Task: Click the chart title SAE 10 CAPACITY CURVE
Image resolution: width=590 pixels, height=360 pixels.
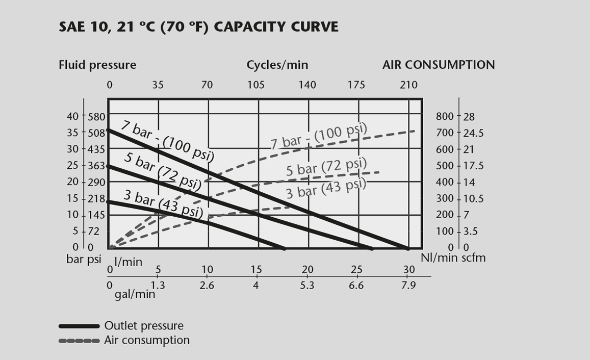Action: [198, 27]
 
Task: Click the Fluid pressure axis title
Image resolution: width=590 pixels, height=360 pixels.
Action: [97, 65]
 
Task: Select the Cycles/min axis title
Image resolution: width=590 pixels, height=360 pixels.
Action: [277, 65]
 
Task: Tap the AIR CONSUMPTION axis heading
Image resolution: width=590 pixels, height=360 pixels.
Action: [439, 65]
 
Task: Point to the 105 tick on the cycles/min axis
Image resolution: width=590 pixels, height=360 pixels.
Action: [256, 85]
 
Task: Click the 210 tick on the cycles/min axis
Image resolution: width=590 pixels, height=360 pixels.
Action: [408, 85]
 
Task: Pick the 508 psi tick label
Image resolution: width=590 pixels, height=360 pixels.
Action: [96, 133]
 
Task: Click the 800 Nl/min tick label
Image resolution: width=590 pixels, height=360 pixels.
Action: [445, 116]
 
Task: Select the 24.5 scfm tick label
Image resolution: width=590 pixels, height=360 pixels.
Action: [473, 133]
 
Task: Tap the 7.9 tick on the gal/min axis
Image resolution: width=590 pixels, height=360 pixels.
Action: [408, 286]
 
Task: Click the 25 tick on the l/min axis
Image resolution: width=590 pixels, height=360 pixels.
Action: [356, 270]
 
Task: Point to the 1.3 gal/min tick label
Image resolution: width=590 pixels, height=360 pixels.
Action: [158, 286]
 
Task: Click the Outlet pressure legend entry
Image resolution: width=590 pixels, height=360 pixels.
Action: [143, 325]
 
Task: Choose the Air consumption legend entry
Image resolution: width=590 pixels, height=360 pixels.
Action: [146, 340]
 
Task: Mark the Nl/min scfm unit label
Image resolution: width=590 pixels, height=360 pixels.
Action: [453, 258]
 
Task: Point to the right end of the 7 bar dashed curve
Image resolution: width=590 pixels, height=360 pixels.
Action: [414, 131]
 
